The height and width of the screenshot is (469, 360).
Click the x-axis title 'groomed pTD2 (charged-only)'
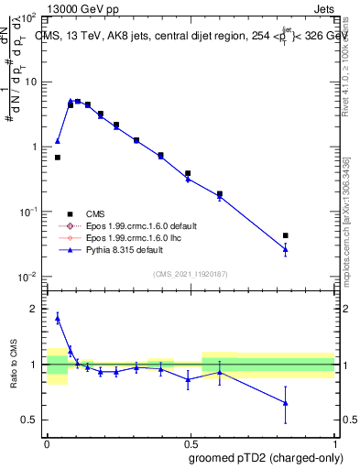(267, 457)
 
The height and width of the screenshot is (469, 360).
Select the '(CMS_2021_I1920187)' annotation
(190, 273)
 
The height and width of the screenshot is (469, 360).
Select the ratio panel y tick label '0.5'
(29, 420)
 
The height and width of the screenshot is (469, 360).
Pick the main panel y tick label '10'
(31, 82)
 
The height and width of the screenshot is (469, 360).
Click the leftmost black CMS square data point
(58, 158)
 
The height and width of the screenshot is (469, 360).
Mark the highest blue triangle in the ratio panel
(58, 318)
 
